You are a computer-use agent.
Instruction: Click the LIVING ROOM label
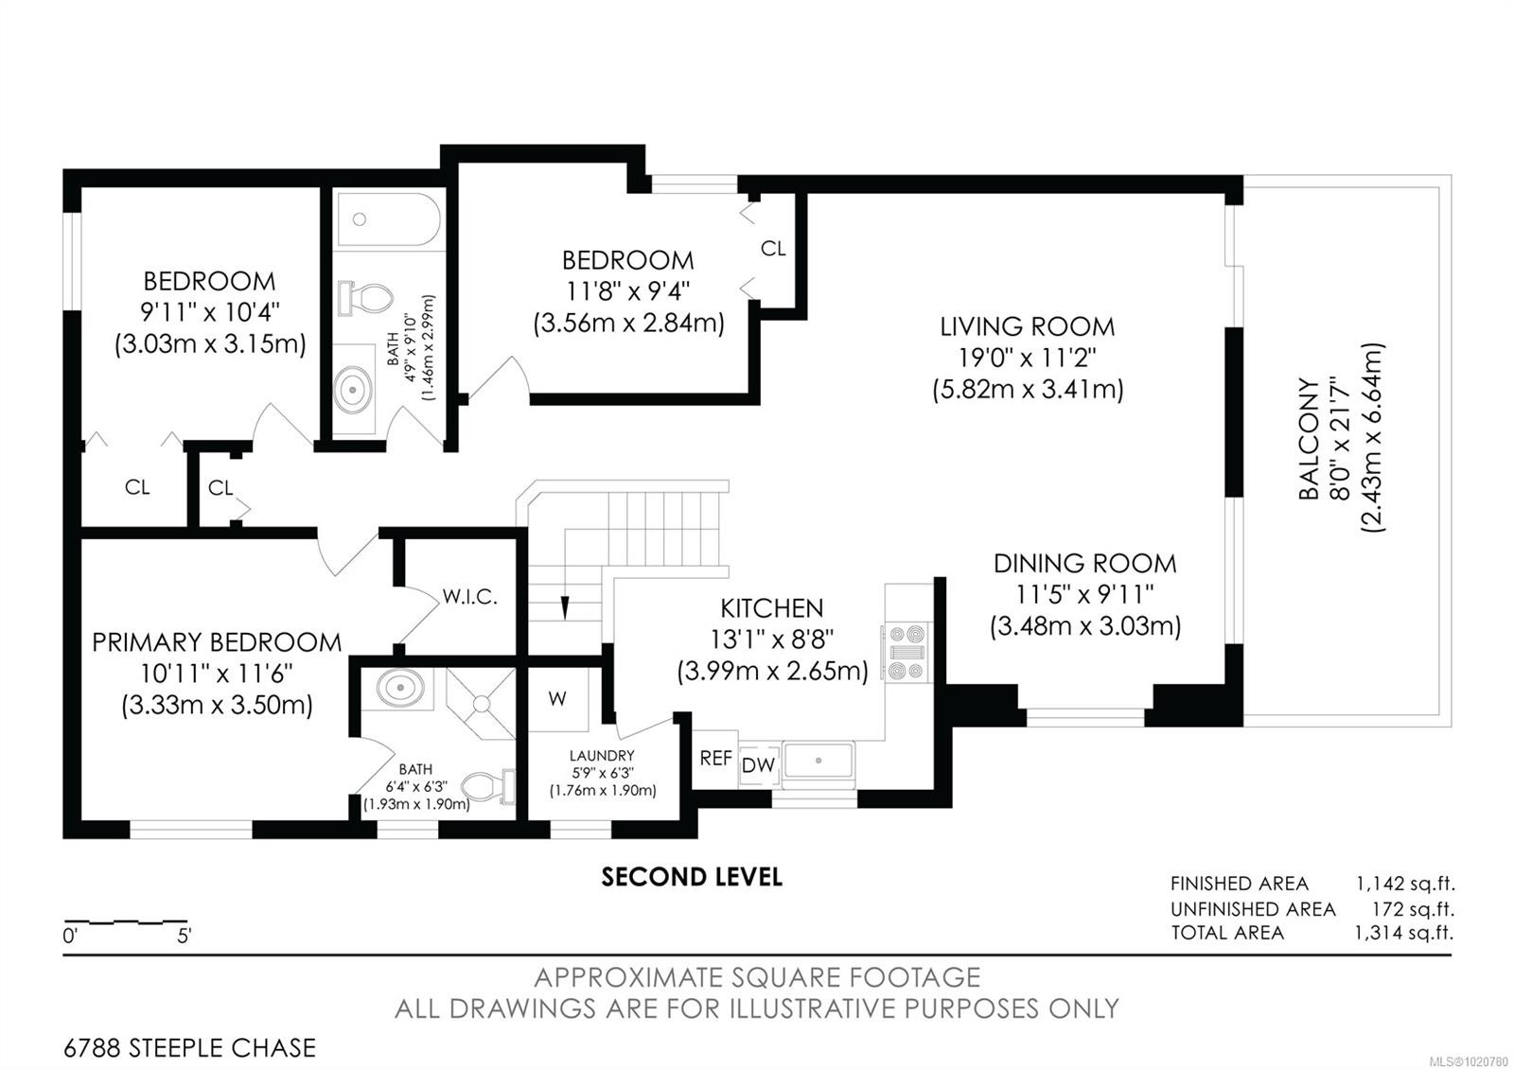coord(1027,327)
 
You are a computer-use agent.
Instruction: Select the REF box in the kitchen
coord(715,759)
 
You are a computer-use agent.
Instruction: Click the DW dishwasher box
coord(757,765)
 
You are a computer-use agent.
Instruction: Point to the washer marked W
coord(557,699)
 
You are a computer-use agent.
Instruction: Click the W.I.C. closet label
coord(469,598)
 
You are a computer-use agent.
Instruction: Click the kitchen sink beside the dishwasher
coord(819,761)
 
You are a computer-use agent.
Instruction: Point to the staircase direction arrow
coord(565,605)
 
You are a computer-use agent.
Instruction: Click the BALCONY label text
coord(1309,439)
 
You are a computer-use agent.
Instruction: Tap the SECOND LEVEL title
coord(692,877)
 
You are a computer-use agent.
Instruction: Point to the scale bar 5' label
coord(184,938)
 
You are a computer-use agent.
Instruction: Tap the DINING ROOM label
coord(1084,564)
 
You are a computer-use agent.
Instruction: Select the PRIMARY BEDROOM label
coord(217,642)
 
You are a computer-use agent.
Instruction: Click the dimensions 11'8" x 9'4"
coord(628,291)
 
